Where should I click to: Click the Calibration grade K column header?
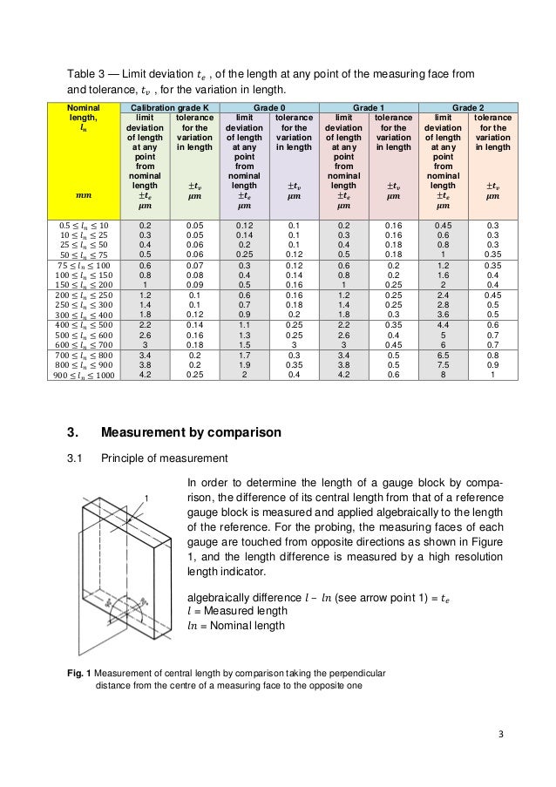[167, 106]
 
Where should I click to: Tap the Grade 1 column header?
[370, 106]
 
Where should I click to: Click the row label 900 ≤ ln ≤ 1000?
[84, 375]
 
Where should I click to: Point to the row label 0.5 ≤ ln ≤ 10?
[84, 224]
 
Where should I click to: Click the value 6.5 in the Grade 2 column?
[444, 356]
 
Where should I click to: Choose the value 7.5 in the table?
[444, 365]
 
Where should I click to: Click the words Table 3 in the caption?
[89, 72]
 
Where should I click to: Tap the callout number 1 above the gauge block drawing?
[146, 498]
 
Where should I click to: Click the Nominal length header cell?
[84, 121]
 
